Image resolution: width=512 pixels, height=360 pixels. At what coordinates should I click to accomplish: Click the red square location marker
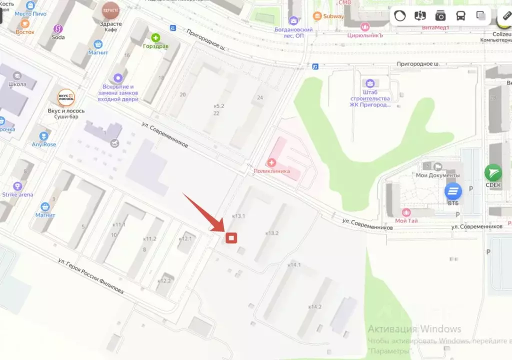231,238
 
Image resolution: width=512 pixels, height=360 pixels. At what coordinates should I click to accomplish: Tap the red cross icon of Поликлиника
271,162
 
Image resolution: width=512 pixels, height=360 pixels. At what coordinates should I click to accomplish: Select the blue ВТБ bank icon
453,191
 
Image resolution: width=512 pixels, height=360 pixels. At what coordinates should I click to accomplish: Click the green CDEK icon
493,173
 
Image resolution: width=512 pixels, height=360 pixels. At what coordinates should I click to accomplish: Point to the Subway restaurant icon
316,16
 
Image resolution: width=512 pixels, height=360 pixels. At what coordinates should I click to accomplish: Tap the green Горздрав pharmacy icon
155,37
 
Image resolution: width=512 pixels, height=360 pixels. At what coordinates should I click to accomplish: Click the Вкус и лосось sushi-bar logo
65,97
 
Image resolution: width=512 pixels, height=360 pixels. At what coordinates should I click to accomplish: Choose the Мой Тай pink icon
405,212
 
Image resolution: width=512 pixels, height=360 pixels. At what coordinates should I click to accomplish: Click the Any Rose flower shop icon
44,135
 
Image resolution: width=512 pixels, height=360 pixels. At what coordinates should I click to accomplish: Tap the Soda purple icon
58,28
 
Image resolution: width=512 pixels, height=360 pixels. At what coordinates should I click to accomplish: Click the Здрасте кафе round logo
110,9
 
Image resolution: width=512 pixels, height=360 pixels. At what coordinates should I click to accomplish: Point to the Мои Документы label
437,175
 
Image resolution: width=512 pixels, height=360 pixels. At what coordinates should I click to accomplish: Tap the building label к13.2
272,233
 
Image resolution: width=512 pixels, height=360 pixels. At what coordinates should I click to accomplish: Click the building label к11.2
149,239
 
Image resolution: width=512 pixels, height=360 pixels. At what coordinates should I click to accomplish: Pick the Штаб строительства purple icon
369,83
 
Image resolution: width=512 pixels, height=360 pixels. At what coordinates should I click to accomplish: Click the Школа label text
17,84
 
